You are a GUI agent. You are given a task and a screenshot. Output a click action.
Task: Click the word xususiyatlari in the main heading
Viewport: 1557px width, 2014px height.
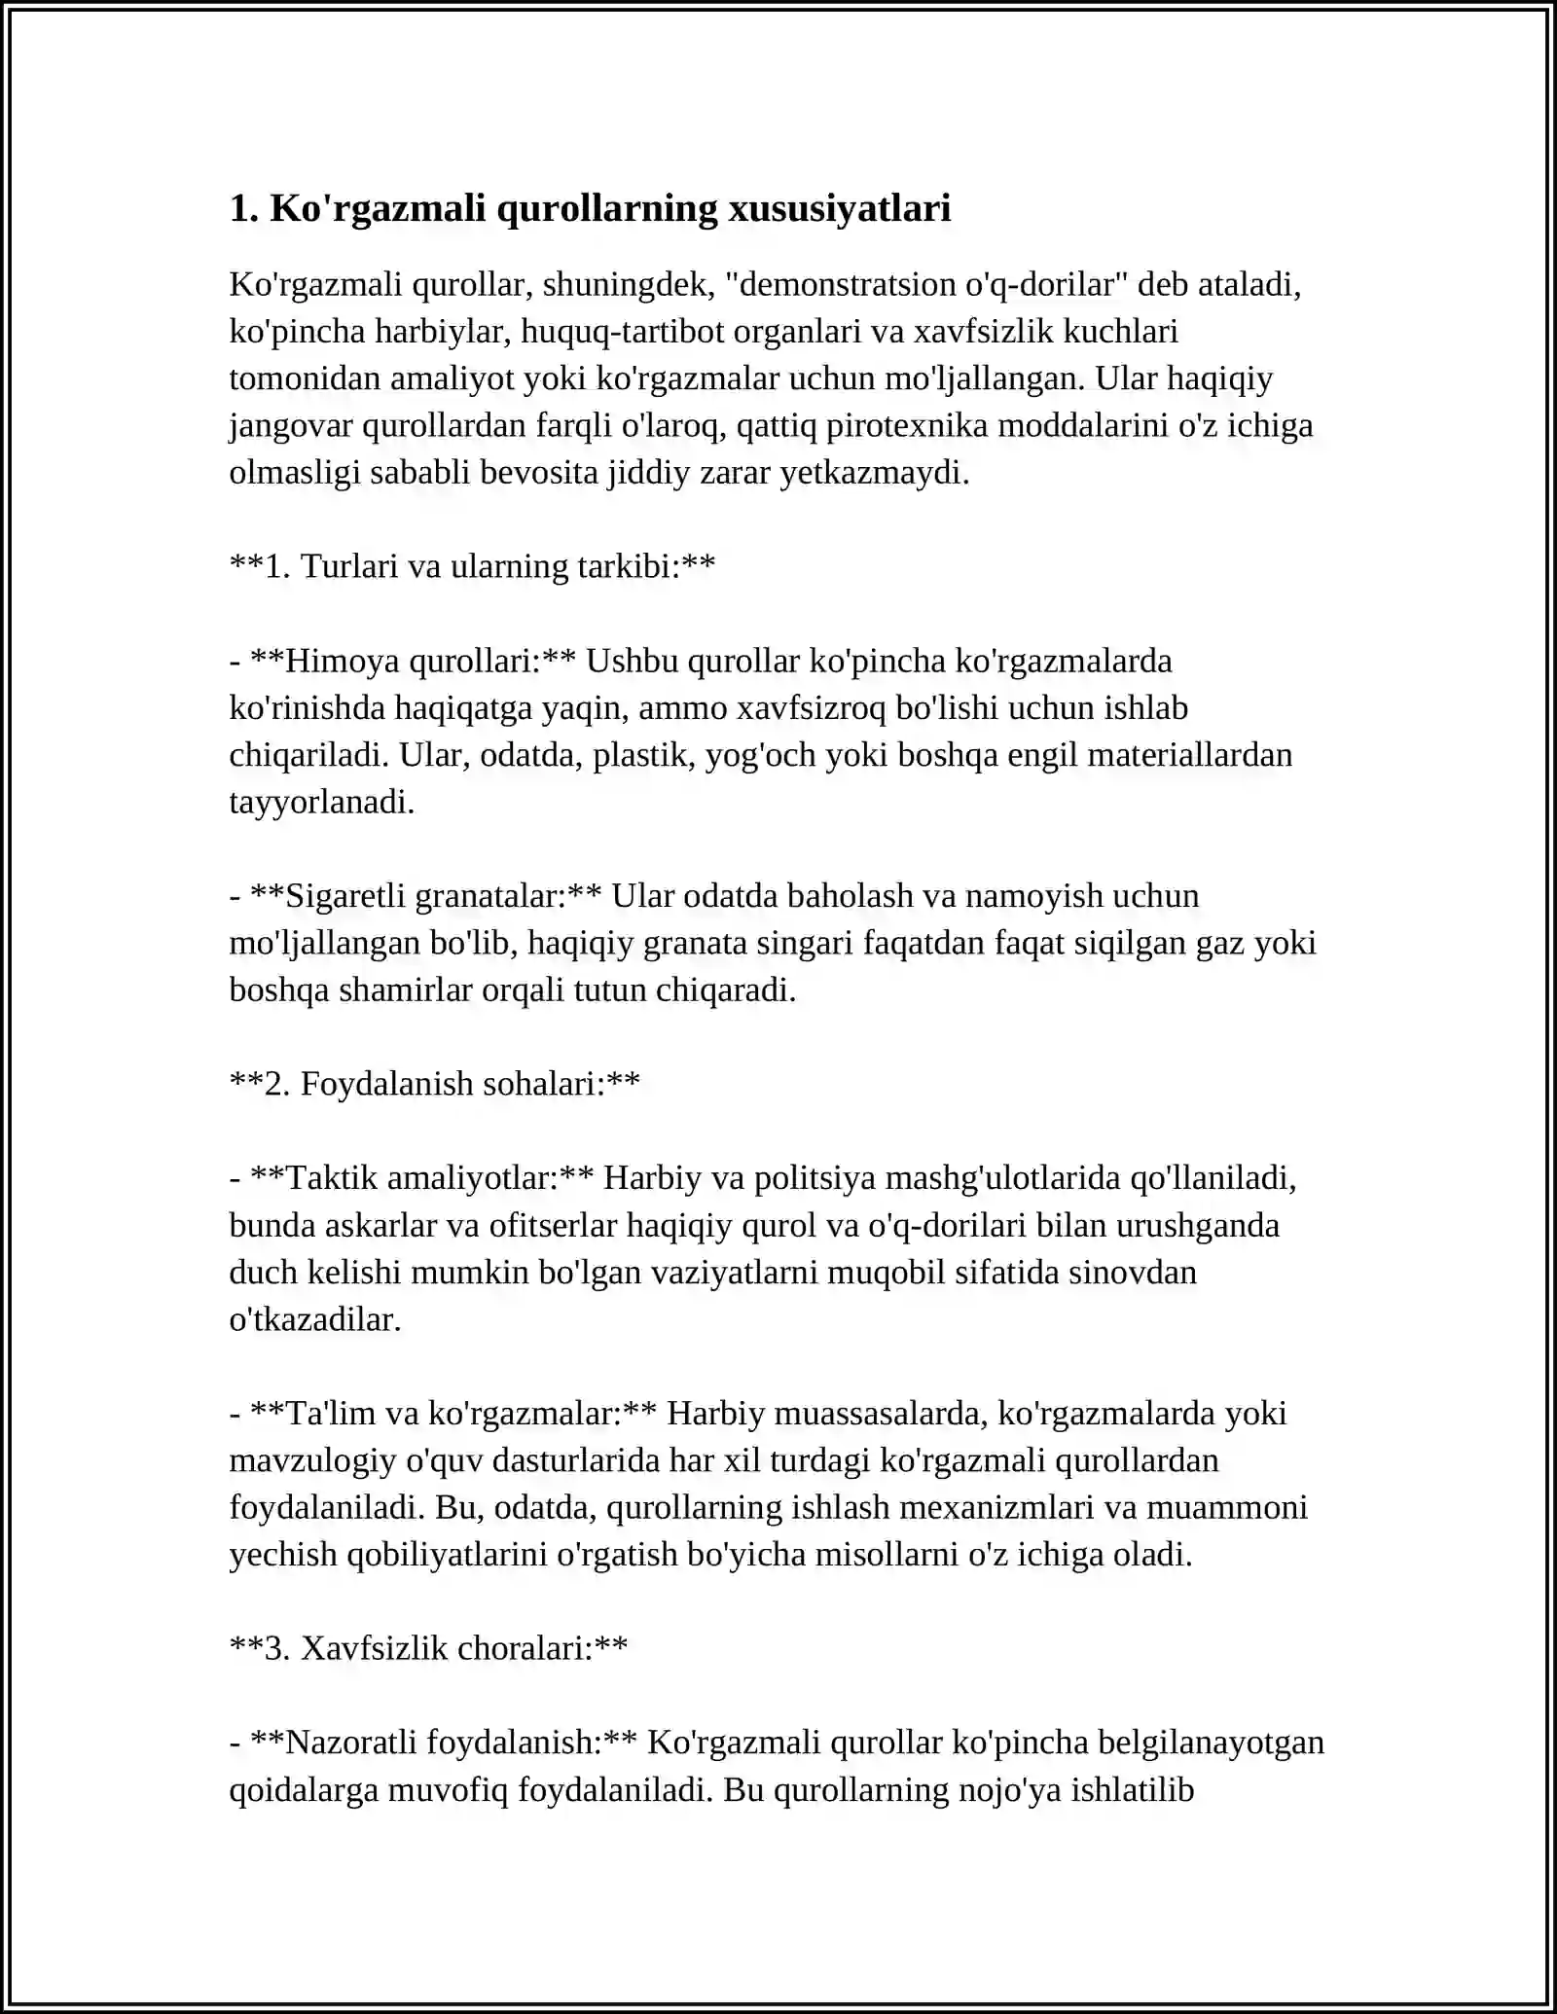tap(840, 209)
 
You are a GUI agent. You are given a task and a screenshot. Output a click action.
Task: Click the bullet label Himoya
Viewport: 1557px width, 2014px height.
tap(344, 662)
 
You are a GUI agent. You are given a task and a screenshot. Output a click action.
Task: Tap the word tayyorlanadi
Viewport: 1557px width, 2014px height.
tap(321, 803)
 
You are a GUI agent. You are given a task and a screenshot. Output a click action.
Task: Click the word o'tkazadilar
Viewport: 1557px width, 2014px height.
tap(314, 1320)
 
